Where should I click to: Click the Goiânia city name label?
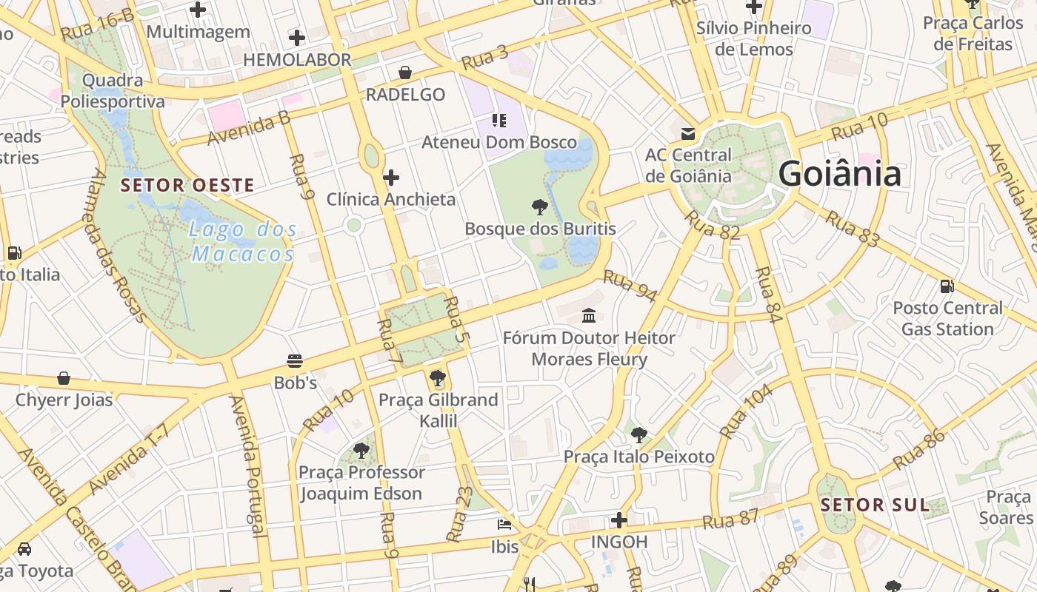[x=839, y=175]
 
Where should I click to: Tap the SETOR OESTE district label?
[x=187, y=185]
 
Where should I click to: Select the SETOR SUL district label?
[x=875, y=505]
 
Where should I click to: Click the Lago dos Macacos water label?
[x=243, y=242]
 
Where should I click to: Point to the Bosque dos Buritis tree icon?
[x=540, y=206]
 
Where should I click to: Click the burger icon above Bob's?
[x=295, y=361]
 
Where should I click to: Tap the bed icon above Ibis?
[x=504, y=525]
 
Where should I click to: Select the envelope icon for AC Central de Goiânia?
[x=688, y=133]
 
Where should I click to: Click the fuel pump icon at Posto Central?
[x=947, y=286]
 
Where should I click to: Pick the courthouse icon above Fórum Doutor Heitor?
[x=589, y=316]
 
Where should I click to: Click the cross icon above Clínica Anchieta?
[x=391, y=178]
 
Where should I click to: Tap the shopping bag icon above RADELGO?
[x=405, y=73]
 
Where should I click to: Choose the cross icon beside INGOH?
[x=619, y=520]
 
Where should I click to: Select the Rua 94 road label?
[x=630, y=286]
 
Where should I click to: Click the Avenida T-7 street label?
[x=129, y=460]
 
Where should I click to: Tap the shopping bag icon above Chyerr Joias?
[x=64, y=378]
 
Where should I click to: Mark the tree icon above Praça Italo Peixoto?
[x=638, y=435]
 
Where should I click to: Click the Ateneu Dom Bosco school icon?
[x=499, y=120]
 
